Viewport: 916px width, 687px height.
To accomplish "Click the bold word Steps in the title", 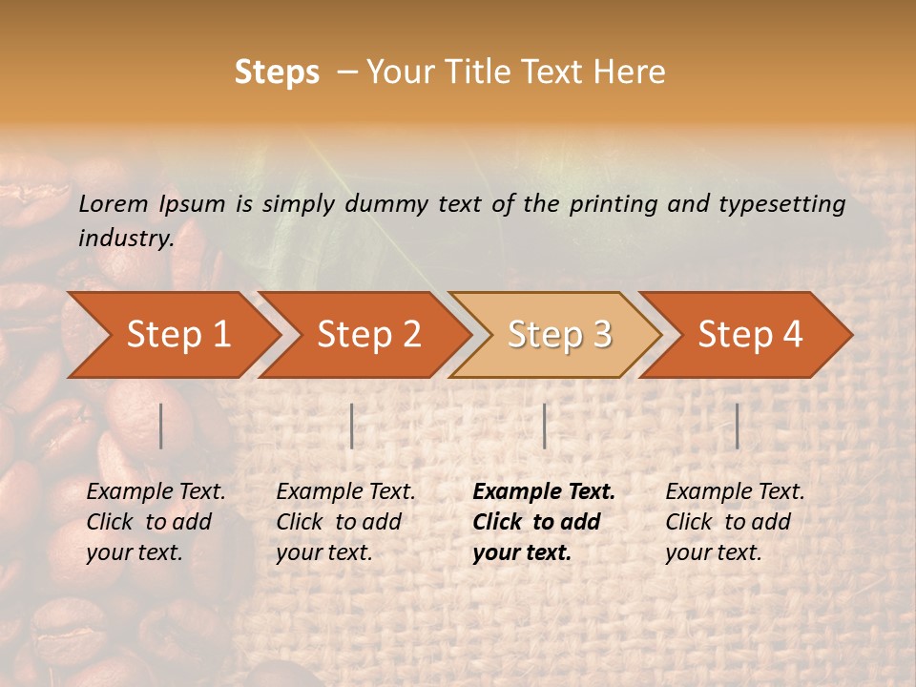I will pos(277,73).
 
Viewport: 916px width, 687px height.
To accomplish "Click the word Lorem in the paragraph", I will pos(114,203).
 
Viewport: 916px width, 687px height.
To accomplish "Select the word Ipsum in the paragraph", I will pos(193,203).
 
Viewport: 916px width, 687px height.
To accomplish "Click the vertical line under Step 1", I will pos(161,426).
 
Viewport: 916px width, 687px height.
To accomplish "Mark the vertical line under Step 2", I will pos(352,426).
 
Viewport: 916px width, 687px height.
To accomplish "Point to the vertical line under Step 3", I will pos(545,426).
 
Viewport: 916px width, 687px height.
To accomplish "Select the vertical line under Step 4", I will pos(738,426).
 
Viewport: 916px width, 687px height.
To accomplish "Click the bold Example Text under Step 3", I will pos(544,492).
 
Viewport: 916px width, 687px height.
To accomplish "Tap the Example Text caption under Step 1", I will pos(156,492).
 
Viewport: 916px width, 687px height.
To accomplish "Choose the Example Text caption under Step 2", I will pos(345,492).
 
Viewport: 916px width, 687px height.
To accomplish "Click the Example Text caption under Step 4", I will pos(735,492).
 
